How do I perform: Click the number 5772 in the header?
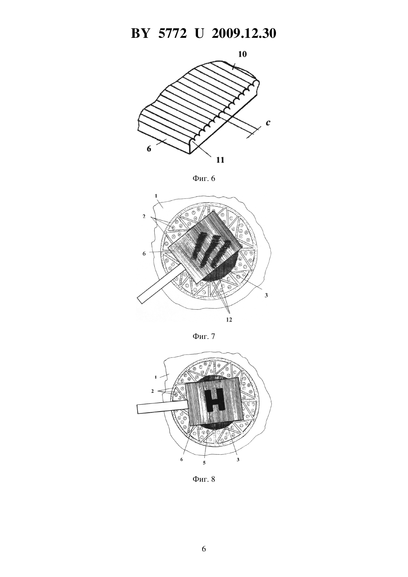(x=172, y=34)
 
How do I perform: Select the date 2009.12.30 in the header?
(x=244, y=34)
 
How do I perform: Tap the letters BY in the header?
(x=140, y=34)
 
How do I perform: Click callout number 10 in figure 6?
(x=242, y=55)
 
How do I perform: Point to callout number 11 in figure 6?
(x=220, y=160)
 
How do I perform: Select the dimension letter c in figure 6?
(x=268, y=123)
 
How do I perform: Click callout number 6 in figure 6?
(x=149, y=149)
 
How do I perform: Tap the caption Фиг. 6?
(x=204, y=178)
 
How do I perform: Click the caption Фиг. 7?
(x=204, y=336)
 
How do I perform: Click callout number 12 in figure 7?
(x=229, y=320)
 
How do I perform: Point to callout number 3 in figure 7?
(x=266, y=296)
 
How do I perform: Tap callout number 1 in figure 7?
(x=156, y=196)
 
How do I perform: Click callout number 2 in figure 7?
(x=144, y=217)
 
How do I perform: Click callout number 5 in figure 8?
(x=204, y=463)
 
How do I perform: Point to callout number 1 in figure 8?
(x=156, y=377)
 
